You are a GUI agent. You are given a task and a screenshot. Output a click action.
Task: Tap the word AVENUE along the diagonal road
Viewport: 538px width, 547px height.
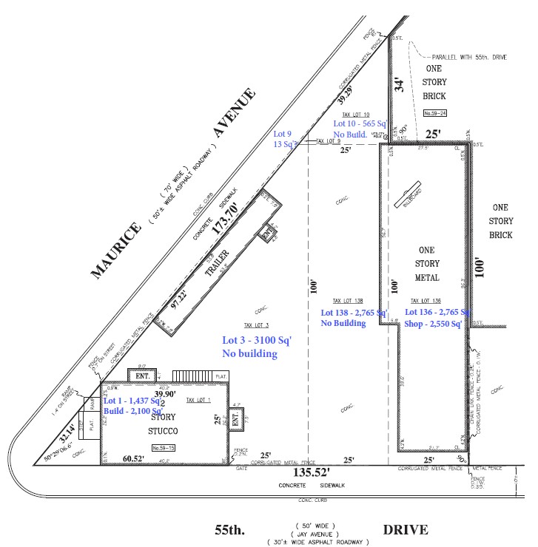click(234, 112)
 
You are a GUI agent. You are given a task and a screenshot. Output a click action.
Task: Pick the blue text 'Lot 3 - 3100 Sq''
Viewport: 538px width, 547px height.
click(257, 341)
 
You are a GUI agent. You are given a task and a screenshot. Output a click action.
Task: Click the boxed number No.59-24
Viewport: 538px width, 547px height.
click(435, 113)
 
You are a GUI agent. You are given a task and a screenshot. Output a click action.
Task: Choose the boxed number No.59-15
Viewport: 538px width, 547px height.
click(161, 448)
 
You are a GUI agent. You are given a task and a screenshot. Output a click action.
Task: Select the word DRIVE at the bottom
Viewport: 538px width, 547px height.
click(405, 530)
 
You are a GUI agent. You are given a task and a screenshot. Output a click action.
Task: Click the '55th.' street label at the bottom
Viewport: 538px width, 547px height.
click(229, 530)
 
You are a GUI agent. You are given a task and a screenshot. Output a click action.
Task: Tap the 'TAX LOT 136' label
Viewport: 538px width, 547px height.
click(426, 301)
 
